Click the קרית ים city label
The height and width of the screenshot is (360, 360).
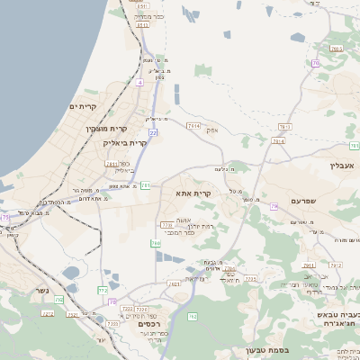(x=83, y=107)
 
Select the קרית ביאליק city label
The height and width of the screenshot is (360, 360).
(x=124, y=142)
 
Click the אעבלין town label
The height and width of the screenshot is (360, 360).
(x=344, y=165)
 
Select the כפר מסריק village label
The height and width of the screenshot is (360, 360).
(x=147, y=17)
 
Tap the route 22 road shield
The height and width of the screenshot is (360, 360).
(x=153, y=133)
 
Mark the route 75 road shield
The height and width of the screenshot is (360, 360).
(x=5, y=218)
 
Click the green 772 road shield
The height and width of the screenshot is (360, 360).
(x=103, y=290)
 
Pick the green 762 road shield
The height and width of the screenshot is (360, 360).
(x=192, y=316)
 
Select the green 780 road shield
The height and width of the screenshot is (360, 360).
(x=156, y=243)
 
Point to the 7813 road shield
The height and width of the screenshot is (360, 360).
(x=284, y=127)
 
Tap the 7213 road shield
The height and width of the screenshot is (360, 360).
(x=336, y=265)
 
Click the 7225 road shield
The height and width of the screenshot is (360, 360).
(x=250, y=279)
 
